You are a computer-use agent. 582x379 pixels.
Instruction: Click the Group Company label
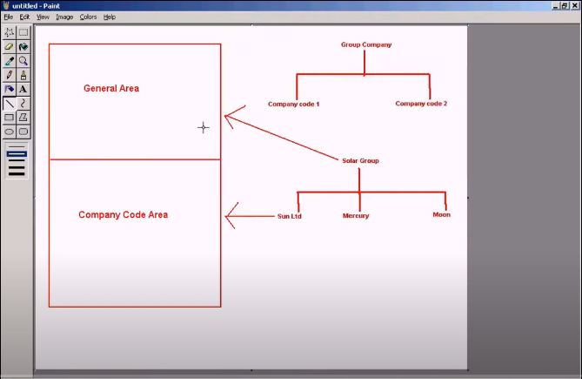(366, 45)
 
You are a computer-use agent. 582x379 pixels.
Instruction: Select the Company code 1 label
(293, 104)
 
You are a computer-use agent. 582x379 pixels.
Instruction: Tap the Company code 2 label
(421, 104)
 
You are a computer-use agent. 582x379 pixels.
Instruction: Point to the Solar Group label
(360, 160)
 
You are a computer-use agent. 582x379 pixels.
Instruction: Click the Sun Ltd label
(289, 216)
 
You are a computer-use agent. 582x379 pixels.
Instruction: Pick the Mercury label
(356, 215)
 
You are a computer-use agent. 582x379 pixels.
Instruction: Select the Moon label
(441, 214)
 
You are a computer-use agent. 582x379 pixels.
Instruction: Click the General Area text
(111, 89)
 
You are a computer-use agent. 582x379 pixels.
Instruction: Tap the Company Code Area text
(124, 214)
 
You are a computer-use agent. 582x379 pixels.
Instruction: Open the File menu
(9, 17)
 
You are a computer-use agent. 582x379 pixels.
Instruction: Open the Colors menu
(88, 17)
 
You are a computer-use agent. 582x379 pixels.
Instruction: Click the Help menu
(110, 17)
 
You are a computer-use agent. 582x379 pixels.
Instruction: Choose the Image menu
(64, 17)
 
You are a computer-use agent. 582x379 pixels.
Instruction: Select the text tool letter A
(23, 89)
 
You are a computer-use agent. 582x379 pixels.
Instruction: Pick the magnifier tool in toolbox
(23, 61)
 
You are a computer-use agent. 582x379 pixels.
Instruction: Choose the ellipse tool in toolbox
(10, 132)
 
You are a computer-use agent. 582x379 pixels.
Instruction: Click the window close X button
(575, 5)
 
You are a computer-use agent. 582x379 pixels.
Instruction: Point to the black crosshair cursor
(203, 128)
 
